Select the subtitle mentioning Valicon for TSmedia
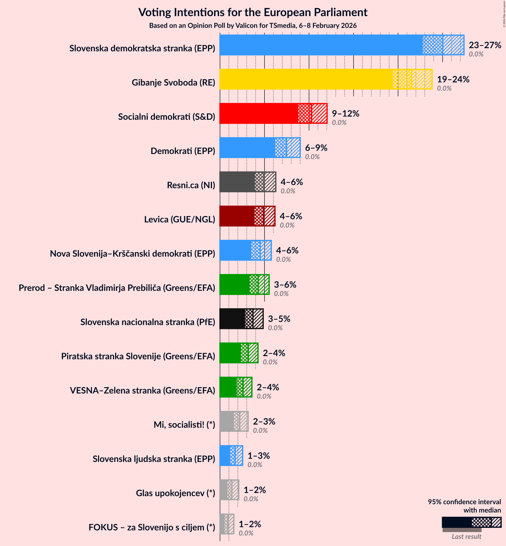[253, 26]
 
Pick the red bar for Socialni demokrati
[259, 114]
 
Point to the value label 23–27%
[485, 45]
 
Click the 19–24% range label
[453, 79]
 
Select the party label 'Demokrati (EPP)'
[183, 151]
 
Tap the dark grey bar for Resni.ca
[237, 182]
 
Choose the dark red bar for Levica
[237, 216]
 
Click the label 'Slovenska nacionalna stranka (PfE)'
[148, 322]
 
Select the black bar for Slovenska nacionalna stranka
[232, 319]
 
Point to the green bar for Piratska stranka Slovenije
[230, 353]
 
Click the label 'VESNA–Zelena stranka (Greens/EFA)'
[142, 391]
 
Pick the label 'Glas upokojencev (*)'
[175, 493]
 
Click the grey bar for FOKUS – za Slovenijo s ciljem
[222, 524]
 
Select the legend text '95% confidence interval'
[464, 502]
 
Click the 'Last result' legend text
[466, 537]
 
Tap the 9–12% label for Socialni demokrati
[345, 114]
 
